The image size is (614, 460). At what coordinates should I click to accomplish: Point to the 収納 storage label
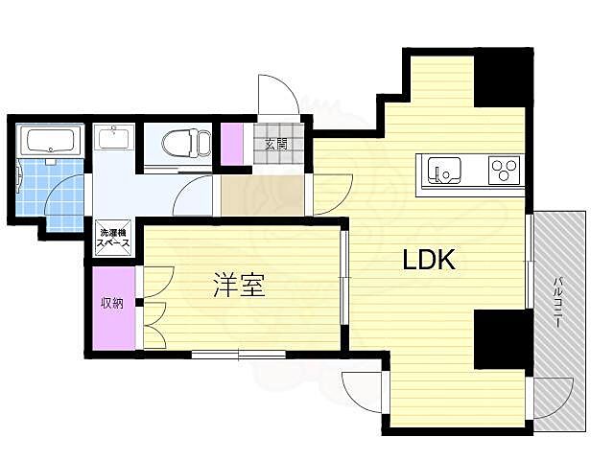[x=113, y=303]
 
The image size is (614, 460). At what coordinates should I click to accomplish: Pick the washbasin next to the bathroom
[x=113, y=139]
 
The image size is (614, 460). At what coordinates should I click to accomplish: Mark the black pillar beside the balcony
[x=502, y=338]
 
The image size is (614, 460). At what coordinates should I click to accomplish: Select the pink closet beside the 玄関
[x=232, y=144]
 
